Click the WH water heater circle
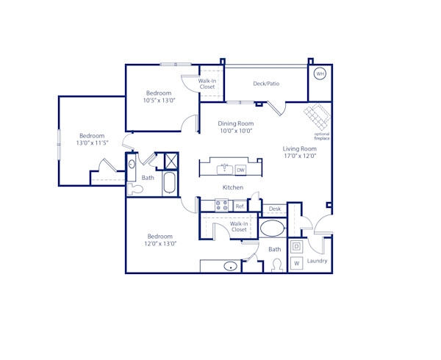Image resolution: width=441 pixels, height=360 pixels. [x=320, y=73]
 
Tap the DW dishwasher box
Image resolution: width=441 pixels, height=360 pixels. [x=240, y=170]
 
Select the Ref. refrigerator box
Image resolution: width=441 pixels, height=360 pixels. [x=240, y=206]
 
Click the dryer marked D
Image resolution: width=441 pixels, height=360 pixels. [x=297, y=247]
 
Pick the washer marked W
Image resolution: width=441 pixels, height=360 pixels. [x=297, y=263]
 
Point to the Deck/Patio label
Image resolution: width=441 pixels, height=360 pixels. [x=266, y=84]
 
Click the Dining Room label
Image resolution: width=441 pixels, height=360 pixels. [x=236, y=123]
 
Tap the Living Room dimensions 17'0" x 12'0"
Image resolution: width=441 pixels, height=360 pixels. [x=299, y=156]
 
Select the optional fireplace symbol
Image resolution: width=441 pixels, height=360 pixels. [x=317, y=117]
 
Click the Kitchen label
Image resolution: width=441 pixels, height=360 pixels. [x=233, y=187]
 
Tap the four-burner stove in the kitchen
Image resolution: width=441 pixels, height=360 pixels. [x=222, y=206]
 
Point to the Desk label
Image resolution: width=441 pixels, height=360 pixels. [x=275, y=209]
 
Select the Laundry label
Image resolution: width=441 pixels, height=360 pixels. [x=318, y=261]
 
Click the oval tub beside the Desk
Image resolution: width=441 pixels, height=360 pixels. [x=273, y=228]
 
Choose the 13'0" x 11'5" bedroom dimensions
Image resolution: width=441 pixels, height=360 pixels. [x=92, y=143]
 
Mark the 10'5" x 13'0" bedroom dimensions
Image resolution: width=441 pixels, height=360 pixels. [x=159, y=101]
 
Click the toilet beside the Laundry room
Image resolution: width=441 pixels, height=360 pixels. [x=277, y=264]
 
